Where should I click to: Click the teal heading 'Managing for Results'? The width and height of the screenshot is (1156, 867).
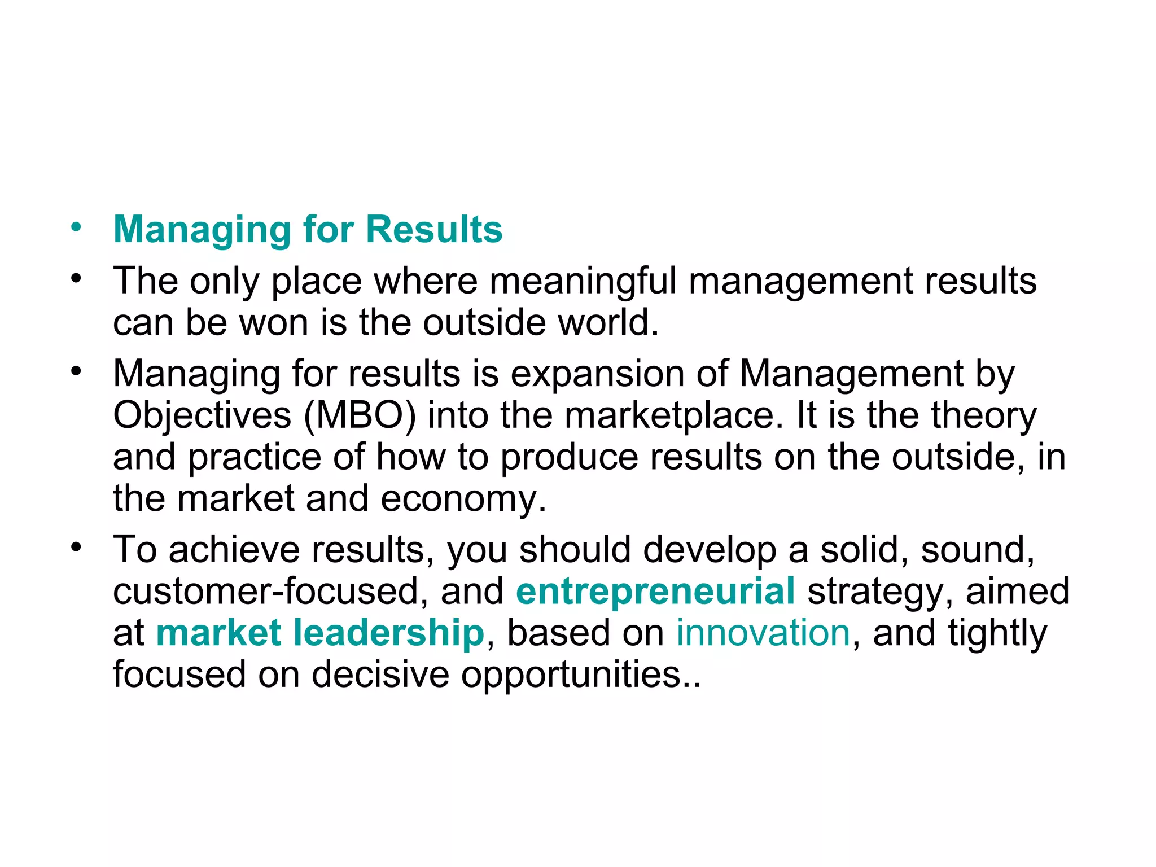(x=308, y=230)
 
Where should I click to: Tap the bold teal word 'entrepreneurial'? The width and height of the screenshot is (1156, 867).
(x=655, y=591)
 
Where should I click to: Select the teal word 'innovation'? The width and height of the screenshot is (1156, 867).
(x=763, y=632)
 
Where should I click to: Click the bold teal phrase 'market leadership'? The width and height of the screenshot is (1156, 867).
(x=320, y=632)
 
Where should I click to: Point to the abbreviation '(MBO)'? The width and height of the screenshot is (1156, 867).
(x=360, y=415)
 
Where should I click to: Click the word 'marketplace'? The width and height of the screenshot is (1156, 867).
(x=674, y=415)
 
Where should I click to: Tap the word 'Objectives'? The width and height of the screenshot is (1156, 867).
(x=202, y=415)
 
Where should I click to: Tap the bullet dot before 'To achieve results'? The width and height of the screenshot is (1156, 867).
(x=76, y=548)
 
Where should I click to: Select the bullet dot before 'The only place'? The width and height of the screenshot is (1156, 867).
(x=76, y=279)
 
